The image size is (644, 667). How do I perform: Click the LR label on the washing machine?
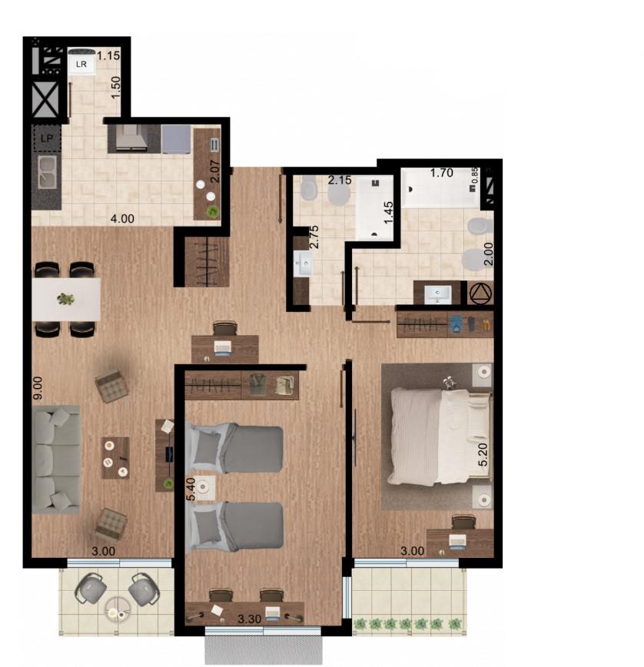tap(81, 64)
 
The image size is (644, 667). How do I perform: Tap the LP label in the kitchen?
tap(47, 138)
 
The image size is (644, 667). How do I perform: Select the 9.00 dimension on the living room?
tap(38, 388)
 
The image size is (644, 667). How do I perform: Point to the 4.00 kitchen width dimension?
tap(122, 219)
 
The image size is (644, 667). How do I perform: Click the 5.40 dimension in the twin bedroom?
tap(191, 489)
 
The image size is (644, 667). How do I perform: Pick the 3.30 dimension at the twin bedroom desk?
tap(249, 619)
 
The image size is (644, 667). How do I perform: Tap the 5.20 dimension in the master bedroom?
tap(483, 455)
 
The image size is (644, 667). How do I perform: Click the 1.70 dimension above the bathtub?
tap(442, 173)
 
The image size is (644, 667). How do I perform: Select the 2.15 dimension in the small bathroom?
tap(340, 180)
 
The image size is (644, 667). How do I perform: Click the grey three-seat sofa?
tap(56, 460)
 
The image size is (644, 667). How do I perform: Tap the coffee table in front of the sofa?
tap(115, 458)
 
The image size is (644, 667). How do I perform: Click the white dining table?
tap(66, 300)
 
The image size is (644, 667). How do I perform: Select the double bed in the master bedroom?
tap(440, 436)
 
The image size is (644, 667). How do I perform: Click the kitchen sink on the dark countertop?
tap(47, 172)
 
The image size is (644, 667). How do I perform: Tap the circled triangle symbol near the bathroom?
tap(481, 293)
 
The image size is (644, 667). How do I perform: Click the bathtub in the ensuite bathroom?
tap(440, 187)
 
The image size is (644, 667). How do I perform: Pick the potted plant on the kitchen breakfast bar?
tap(213, 211)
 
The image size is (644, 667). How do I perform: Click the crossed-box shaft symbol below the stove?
tap(45, 100)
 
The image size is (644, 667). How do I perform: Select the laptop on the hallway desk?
tap(222, 347)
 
